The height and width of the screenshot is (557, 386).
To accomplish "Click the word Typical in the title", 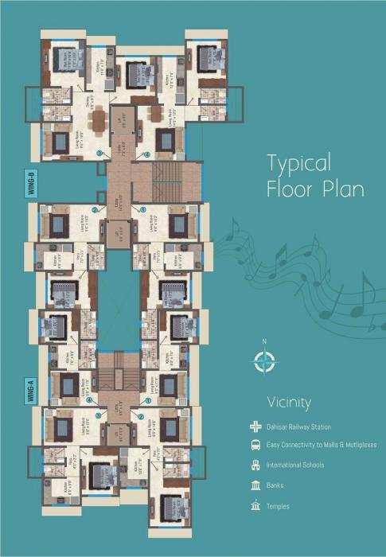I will [298, 164].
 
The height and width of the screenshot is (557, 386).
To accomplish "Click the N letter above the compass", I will [263, 343].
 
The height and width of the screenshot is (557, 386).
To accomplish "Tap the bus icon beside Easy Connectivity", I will [255, 446].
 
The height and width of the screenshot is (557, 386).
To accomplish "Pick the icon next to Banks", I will [255, 485].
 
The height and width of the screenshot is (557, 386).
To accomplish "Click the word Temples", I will [279, 506].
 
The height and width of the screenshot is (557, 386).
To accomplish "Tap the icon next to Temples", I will [255, 506].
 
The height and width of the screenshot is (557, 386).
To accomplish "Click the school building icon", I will [255, 465].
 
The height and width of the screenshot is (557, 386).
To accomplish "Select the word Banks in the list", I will [276, 485].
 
